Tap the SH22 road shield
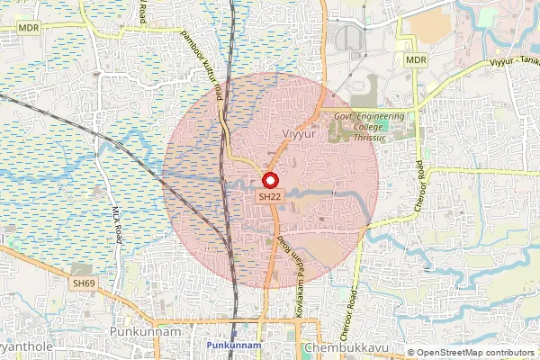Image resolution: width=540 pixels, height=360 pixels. [270, 195]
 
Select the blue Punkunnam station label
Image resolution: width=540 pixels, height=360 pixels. [233, 346]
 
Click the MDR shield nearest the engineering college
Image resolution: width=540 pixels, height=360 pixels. [415, 60]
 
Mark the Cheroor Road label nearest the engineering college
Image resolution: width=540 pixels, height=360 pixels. [419, 182]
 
